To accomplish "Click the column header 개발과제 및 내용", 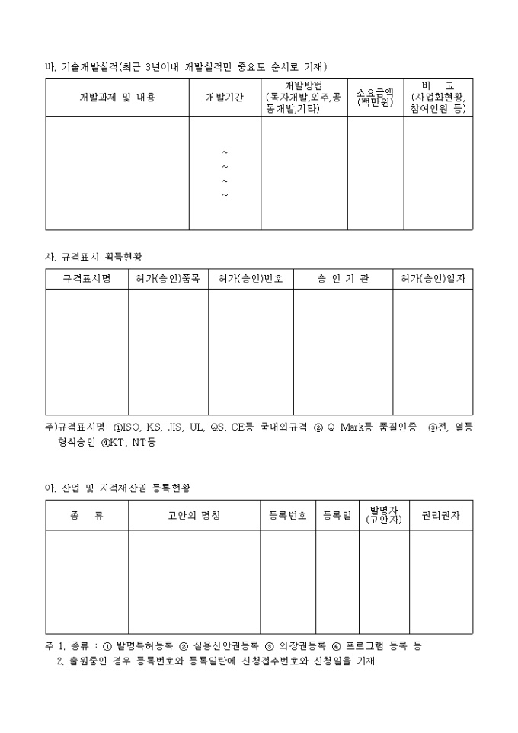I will click(x=117, y=98).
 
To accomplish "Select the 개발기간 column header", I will click(x=225, y=98).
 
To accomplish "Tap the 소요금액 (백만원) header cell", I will click(x=376, y=98).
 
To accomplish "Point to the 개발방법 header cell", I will click(x=304, y=98).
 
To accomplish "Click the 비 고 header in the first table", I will click(x=438, y=98).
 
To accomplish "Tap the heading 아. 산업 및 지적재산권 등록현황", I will click(x=115, y=486).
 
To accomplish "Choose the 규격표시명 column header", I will click(x=87, y=280).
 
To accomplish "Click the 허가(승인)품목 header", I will click(x=168, y=280).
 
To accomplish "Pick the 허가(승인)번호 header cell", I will click(x=251, y=280).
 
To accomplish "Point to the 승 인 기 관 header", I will click(x=343, y=280).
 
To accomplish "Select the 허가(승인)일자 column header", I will click(x=433, y=280).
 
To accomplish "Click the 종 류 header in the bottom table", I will click(x=87, y=516).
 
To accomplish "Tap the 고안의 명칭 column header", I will click(x=194, y=516).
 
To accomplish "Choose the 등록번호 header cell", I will click(x=288, y=516).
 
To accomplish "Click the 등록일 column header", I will click(x=337, y=516).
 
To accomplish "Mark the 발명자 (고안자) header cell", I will click(x=384, y=514).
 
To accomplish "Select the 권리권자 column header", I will click(x=440, y=516).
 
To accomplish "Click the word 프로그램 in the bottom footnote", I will click(x=366, y=645).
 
